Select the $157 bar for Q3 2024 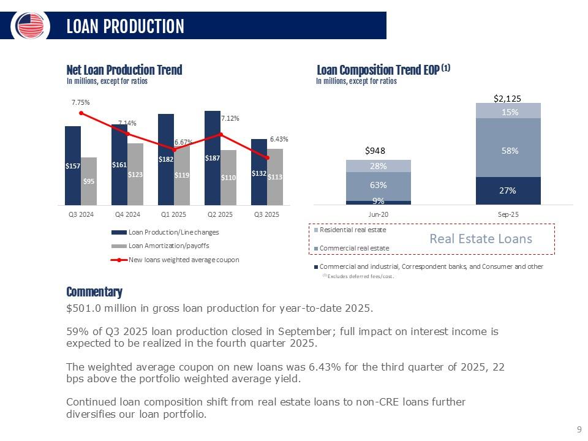click(73, 165)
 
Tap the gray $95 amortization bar click(89, 181)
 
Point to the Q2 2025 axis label click(221, 214)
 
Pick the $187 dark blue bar click(213, 157)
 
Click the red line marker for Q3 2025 click(267, 158)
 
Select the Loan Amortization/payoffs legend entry click(168, 246)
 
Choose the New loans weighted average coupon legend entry click(183, 259)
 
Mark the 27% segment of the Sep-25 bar click(508, 190)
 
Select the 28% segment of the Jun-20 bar click(379, 166)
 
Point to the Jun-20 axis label click(378, 214)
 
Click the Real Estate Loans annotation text click(480, 239)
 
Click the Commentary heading click(94, 292)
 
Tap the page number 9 click(578, 430)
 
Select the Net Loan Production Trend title click(124, 70)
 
